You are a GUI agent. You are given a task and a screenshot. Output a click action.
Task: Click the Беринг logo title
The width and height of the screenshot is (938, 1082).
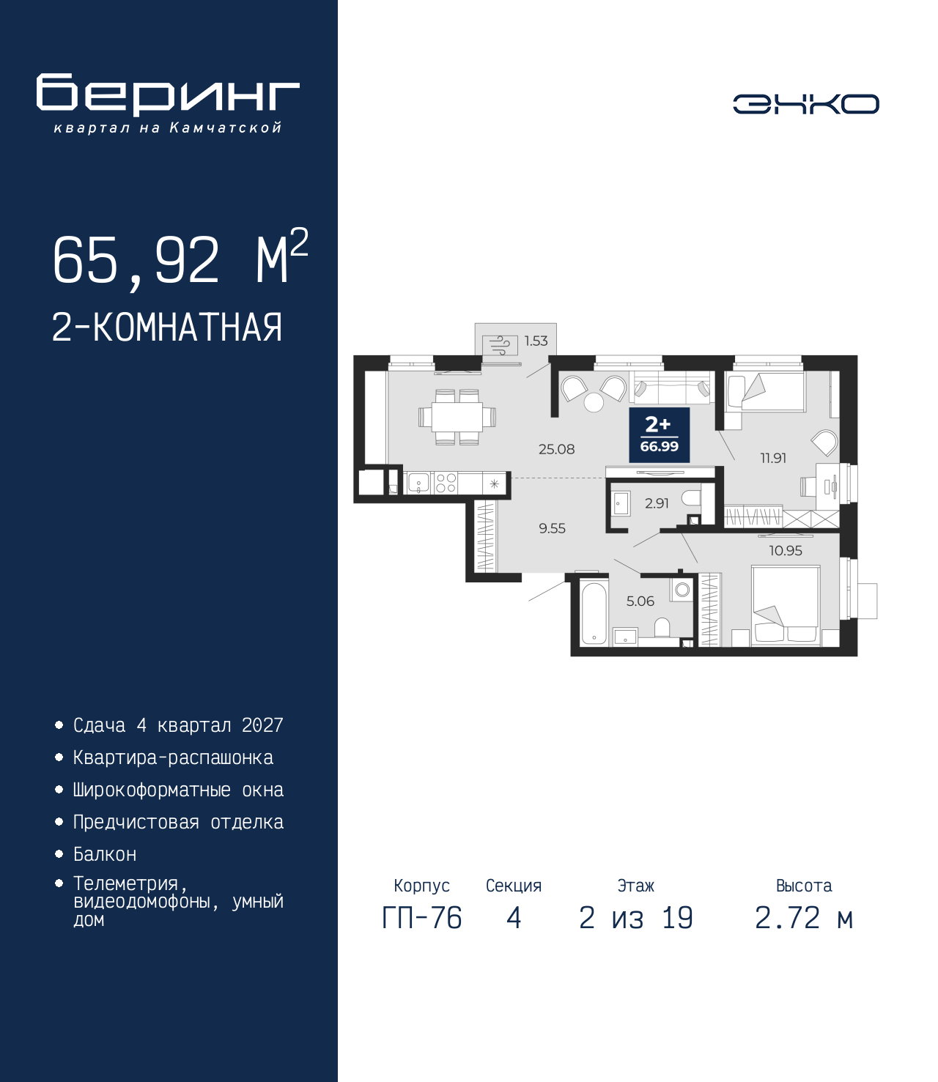pos(168,95)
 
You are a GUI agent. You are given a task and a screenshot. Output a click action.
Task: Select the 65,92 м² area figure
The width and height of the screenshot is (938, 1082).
pos(180,258)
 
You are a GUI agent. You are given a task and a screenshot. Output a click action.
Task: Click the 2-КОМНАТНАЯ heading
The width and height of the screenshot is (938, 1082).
pos(167,327)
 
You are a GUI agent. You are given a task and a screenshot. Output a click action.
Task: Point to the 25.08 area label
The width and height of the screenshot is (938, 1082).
pos(556,449)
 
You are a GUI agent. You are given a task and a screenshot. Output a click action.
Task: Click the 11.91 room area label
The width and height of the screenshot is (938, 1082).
pos(773,458)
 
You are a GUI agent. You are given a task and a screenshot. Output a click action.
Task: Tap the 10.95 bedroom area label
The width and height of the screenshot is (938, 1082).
pos(786,550)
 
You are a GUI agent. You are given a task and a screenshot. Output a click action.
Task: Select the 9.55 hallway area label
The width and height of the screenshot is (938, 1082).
pos(552,528)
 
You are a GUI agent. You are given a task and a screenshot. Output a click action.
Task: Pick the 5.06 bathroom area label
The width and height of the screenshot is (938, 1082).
pos(640,601)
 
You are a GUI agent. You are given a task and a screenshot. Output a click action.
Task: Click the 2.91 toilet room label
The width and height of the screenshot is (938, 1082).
pos(656,503)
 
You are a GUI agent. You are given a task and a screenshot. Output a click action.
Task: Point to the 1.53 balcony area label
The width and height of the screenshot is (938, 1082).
pos(536,341)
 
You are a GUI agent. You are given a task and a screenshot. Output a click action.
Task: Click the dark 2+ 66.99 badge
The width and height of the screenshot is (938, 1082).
pos(659,434)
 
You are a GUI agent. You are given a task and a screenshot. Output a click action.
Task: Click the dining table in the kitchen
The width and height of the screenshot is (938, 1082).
pos(457,417)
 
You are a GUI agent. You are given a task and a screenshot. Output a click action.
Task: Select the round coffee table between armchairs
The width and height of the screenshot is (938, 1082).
pos(594,402)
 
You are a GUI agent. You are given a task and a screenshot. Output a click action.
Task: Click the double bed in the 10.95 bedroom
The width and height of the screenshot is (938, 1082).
pos(786,605)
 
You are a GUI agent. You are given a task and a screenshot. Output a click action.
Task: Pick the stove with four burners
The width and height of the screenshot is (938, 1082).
pos(446,483)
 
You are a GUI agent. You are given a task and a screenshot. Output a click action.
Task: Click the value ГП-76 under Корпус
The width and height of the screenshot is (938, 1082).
pos(421,933)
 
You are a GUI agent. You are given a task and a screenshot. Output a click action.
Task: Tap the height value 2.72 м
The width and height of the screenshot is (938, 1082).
pos(803,933)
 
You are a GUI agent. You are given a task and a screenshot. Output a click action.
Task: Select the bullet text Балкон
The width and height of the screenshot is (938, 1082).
pos(105,853)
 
